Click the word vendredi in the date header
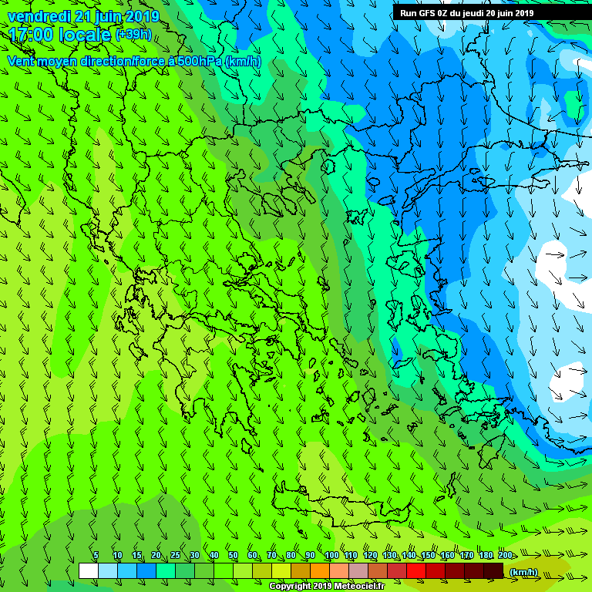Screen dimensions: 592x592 tap(39, 16)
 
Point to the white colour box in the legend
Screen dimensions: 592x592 tap(88, 570)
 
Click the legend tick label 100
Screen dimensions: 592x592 tap(331, 556)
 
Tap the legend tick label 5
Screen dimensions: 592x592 tap(96, 556)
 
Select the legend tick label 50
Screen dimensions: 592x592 tap(233, 556)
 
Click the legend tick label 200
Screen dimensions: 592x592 tap(506, 556)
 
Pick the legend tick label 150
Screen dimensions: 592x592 tap(428, 556)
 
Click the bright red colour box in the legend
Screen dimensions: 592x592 tap(416, 570)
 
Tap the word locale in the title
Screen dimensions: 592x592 tap(84, 35)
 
